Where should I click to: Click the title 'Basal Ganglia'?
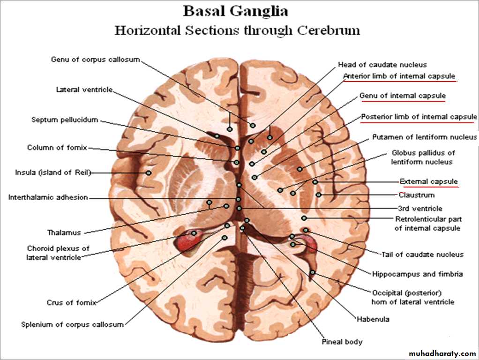click(235, 11)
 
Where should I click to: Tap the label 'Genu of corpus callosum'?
click(95, 60)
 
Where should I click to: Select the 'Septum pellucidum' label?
click(65, 120)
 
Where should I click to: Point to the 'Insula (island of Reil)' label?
click(52, 172)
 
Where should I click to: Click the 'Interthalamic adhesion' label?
click(48, 197)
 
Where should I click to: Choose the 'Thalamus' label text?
click(64, 232)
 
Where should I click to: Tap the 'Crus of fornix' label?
click(71, 302)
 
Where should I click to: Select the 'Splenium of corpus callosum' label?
click(73, 324)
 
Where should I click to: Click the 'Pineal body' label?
click(342, 342)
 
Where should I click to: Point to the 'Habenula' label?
click(373, 319)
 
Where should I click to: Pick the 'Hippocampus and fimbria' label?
click(418, 274)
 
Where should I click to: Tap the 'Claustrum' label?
click(417, 195)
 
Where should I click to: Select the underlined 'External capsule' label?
click(428, 181)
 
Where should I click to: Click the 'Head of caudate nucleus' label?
click(382, 65)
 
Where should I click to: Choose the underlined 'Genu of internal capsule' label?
click(403, 96)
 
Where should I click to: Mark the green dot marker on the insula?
click(149, 172)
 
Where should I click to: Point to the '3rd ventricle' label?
click(419, 209)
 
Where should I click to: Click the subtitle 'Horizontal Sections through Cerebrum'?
click(238, 31)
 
